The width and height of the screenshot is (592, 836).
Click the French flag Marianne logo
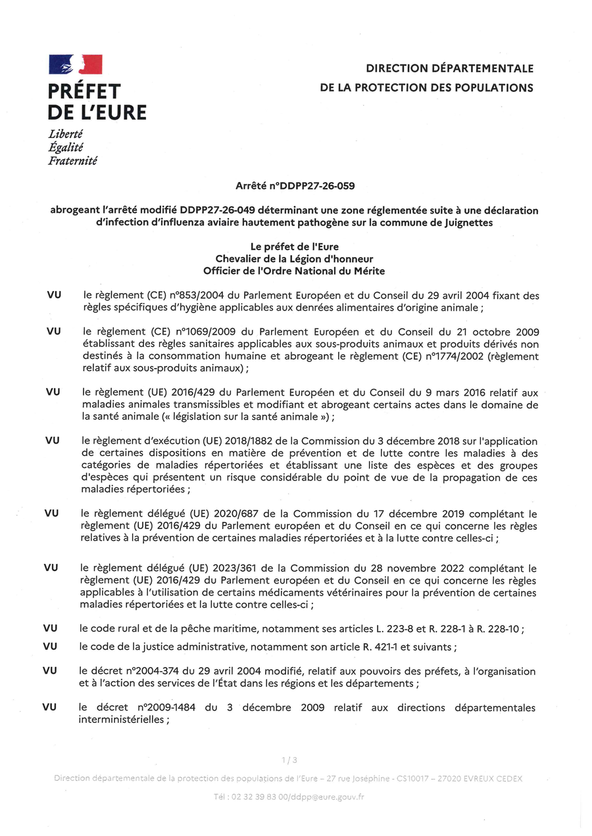75,64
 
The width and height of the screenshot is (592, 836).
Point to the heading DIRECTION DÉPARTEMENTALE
449,68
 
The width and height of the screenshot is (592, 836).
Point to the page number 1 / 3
289,760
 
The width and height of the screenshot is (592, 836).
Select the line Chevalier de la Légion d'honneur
294,259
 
